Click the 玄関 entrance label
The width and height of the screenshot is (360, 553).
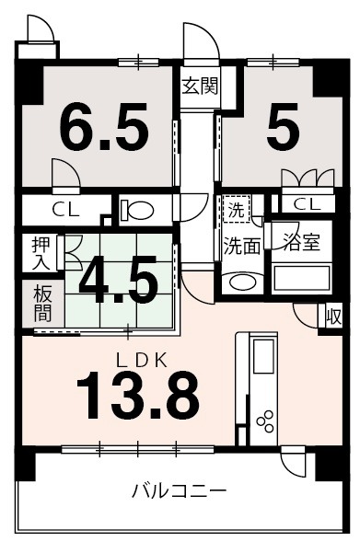click(199, 87)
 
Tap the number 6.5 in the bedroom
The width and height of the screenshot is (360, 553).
click(104, 129)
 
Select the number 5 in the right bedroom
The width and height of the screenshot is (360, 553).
click(283, 129)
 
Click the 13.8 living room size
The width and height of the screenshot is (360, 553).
click(138, 395)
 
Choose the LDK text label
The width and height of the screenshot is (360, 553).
click(141, 360)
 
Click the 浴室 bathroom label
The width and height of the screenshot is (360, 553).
click(301, 243)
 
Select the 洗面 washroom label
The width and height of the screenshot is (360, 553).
click(241, 247)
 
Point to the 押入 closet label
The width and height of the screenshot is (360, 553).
click(41, 253)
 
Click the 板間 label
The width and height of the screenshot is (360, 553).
click(41, 303)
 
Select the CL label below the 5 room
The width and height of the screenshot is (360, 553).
click(307, 203)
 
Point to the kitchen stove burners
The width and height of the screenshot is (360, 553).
click(266, 421)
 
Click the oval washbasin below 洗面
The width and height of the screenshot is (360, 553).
click(240, 282)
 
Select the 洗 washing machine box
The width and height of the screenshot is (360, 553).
click(237, 210)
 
